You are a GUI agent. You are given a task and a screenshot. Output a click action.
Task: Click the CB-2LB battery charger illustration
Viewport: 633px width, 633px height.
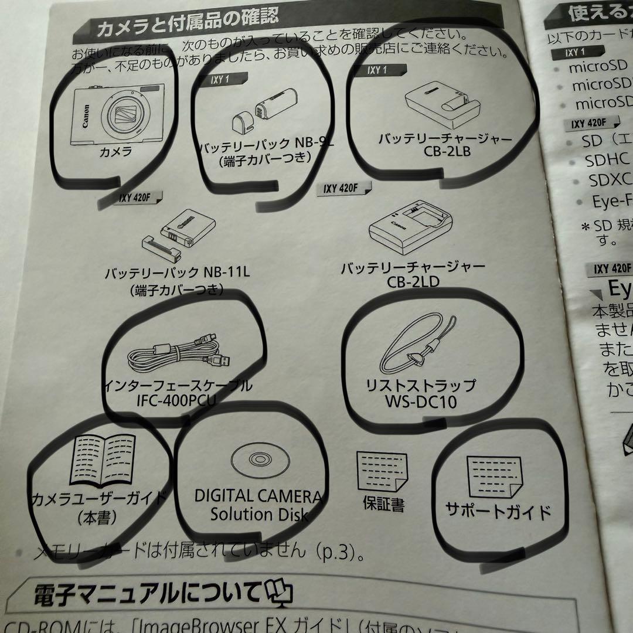(x=443, y=106)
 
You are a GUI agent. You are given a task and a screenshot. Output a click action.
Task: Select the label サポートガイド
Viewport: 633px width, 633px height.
(x=498, y=511)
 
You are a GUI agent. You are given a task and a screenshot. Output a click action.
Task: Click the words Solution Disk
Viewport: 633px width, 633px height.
(x=260, y=514)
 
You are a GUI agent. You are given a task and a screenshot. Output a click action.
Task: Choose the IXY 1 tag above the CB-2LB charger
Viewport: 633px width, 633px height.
(x=377, y=70)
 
